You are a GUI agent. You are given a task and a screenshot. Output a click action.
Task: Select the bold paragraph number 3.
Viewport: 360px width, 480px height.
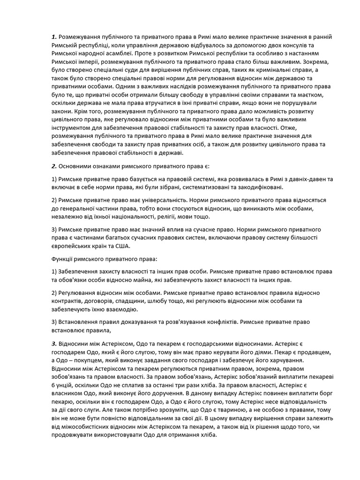point(53,344)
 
